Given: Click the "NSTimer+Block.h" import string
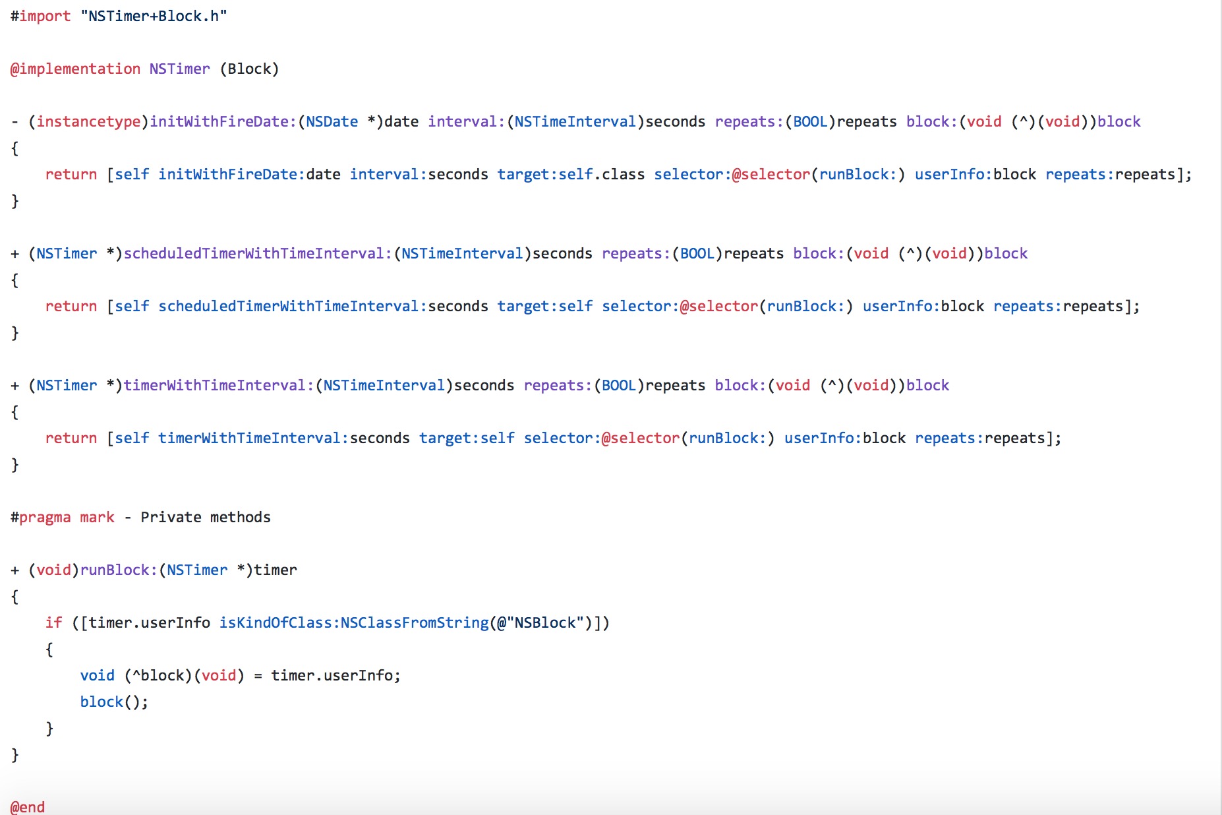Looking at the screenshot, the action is coord(154,16).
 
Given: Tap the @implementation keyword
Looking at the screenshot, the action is coord(75,69).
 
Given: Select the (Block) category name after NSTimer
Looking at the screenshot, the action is coord(249,69).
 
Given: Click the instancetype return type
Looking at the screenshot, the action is coord(88,122).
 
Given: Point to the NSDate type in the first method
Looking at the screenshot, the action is coord(332,121).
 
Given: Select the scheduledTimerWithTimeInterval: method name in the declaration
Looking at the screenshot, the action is coord(258,253).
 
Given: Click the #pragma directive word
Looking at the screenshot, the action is coord(41,518).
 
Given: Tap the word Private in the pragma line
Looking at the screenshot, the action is coord(171,517).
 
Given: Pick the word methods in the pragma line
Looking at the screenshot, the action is coord(240,517).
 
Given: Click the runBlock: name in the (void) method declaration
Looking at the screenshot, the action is coord(119,570).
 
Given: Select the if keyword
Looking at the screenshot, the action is coord(53,622).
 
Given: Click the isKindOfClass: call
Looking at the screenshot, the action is coord(276,622).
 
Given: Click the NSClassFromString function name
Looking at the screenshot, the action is coord(415,623).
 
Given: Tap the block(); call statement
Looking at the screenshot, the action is coord(114,702).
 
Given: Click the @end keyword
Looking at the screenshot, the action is coord(28,807).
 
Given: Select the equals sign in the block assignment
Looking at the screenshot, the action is coord(258,676).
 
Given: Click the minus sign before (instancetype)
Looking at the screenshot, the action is coord(15,122).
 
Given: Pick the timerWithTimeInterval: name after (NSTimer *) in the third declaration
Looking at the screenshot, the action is coord(219,385).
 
